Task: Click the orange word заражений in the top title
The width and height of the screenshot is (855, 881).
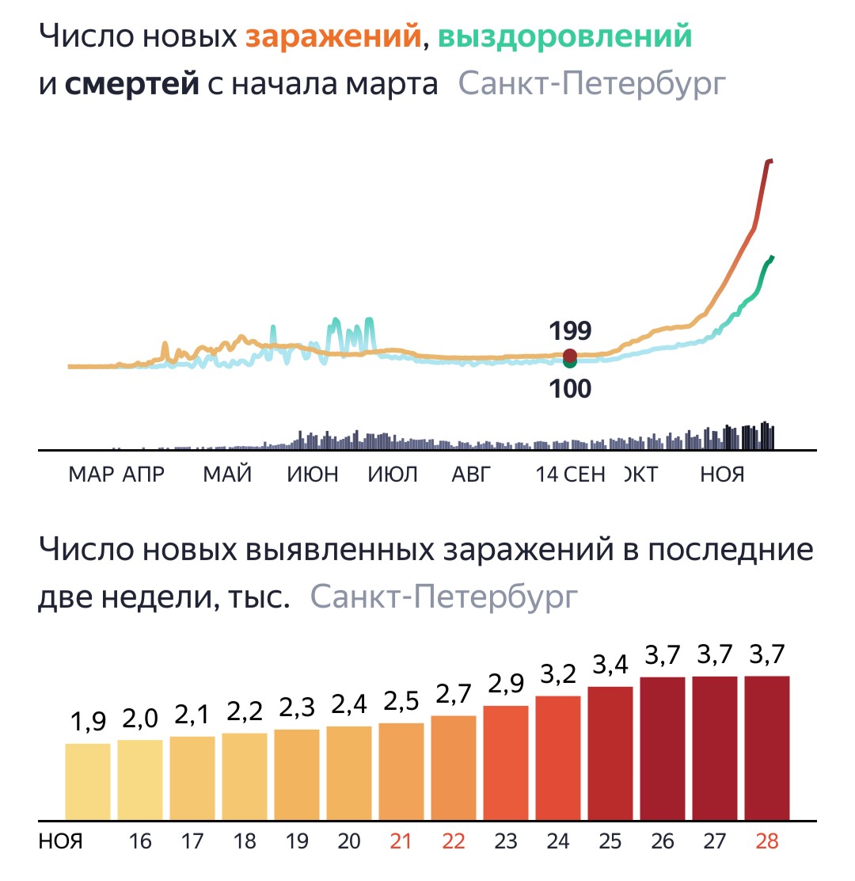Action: pyautogui.click(x=333, y=37)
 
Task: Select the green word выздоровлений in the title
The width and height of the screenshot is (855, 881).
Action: pyautogui.click(x=564, y=37)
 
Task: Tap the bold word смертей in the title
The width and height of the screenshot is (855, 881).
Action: pyautogui.click(x=131, y=83)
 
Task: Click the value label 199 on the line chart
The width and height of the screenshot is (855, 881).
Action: pyautogui.click(x=569, y=330)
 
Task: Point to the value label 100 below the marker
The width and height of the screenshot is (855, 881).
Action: pyautogui.click(x=569, y=390)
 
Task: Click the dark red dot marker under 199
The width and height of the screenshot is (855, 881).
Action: pyautogui.click(x=569, y=355)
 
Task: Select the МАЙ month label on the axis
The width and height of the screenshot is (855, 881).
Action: pyautogui.click(x=227, y=475)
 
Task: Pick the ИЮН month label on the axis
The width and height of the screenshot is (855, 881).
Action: pyautogui.click(x=313, y=475)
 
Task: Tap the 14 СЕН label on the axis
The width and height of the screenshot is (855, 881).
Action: pyautogui.click(x=570, y=475)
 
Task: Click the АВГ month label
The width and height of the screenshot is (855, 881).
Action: pyautogui.click(x=472, y=475)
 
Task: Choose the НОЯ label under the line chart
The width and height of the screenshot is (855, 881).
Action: pyautogui.click(x=722, y=475)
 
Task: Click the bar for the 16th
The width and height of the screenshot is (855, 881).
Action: pyautogui.click(x=140, y=780)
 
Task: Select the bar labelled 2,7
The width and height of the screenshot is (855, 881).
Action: pyautogui.click(x=454, y=768)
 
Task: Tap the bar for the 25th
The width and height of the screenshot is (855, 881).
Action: pyautogui.click(x=610, y=753)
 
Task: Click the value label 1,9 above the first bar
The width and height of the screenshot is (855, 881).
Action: pyautogui.click(x=88, y=723)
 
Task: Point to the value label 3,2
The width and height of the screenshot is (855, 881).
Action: pyautogui.click(x=558, y=675)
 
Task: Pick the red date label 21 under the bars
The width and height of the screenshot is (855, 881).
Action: pyautogui.click(x=401, y=841)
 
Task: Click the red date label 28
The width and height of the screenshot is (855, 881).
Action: pyautogui.click(x=766, y=841)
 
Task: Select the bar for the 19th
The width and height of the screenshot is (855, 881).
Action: pyautogui.click(x=297, y=774)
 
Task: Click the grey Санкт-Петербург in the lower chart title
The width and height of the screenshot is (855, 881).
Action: pyautogui.click(x=444, y=597)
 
